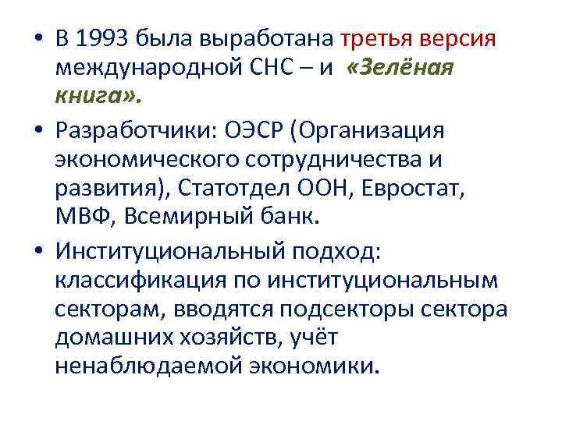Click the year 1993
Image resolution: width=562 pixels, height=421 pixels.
click(105, 38)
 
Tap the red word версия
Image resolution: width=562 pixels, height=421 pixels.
click(460, 38)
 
